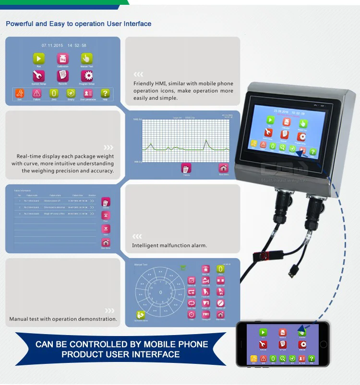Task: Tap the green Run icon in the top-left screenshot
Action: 39,59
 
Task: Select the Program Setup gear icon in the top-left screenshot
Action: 87,75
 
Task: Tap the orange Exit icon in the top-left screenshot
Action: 20,93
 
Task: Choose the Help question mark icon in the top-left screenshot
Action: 105,93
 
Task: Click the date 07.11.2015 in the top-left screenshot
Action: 52,45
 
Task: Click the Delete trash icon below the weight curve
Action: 186,168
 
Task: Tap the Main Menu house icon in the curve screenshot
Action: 223,168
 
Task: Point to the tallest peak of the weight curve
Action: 205,141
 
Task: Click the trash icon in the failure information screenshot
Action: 106,202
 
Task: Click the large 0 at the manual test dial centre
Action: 161,292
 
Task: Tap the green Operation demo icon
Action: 140,315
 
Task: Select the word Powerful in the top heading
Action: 20,24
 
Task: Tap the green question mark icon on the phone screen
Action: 312,358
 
